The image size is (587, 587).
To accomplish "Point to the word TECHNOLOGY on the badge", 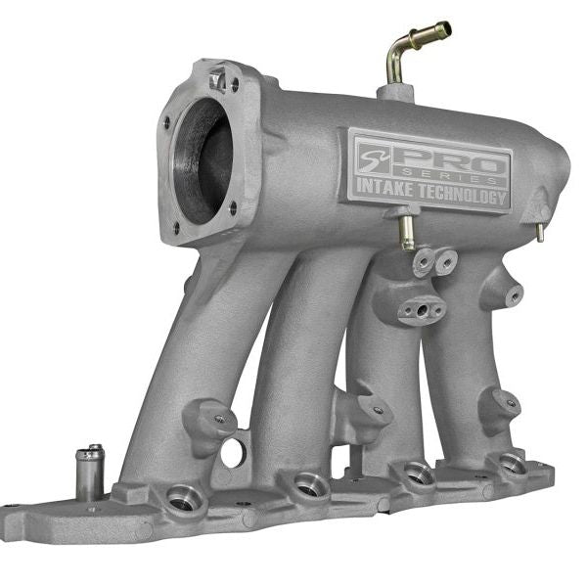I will (469, 198).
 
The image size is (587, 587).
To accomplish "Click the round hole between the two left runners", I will (233, 452).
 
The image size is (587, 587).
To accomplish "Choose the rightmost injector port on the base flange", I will (511, 464).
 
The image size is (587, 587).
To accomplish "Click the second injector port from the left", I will (311, 484).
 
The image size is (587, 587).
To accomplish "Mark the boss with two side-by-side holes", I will (434, 260).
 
